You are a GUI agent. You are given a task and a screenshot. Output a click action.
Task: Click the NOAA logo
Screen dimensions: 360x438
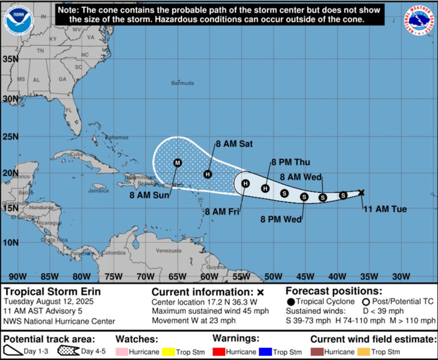pyautogui.click(x=18, y=21)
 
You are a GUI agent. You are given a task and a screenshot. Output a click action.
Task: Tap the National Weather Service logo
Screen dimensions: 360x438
pyautogui.click(x=421, y=21)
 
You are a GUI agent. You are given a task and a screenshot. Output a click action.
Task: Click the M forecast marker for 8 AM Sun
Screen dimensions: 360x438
pyautogui.click(x=177, y=163)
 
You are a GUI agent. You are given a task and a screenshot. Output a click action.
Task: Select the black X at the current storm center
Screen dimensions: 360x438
pyautogui.click(x=361, y=192)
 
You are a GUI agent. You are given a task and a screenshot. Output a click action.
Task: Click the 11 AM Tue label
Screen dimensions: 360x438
pyautogui.click(x=386, y=209)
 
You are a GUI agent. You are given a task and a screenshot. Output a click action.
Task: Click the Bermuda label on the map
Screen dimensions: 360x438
pyautogui.click(x=182, y=83)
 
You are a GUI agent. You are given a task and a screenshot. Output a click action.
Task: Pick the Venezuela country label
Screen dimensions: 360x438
pyautogui.click(x=168, y=251)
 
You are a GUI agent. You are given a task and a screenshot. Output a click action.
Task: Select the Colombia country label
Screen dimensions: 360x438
pyautogui.click(x=114, y=253)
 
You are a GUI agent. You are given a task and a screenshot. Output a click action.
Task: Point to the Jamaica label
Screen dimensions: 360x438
pyautogui.click(x=98, y=191)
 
